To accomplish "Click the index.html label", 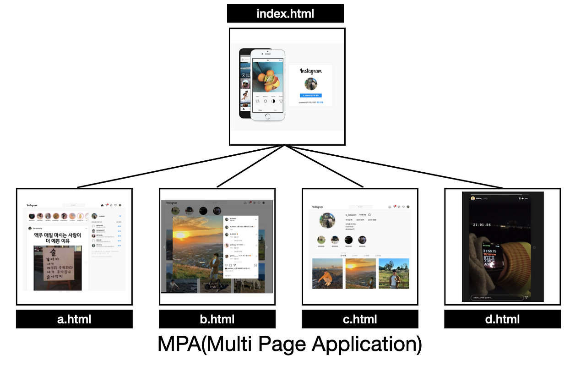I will [x=285, y=13].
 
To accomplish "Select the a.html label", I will [x=74, y=319].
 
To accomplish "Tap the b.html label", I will [x=217, y=319].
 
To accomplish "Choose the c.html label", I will [x=360, y=319].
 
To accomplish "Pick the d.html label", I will [x=502, y=319].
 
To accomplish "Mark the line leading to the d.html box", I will [x=394, y=166].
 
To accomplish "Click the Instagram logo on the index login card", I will [x=311, y=71].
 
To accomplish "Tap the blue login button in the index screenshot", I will [x=311, y=95].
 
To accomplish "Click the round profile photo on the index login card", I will [x=311, y=83].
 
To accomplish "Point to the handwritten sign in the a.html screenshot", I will [x=58, y=268].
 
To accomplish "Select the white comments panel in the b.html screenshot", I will [x=241, y=247].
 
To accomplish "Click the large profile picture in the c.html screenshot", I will [x=327, y=220].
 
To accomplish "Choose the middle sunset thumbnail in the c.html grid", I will [x=360, y=273].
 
